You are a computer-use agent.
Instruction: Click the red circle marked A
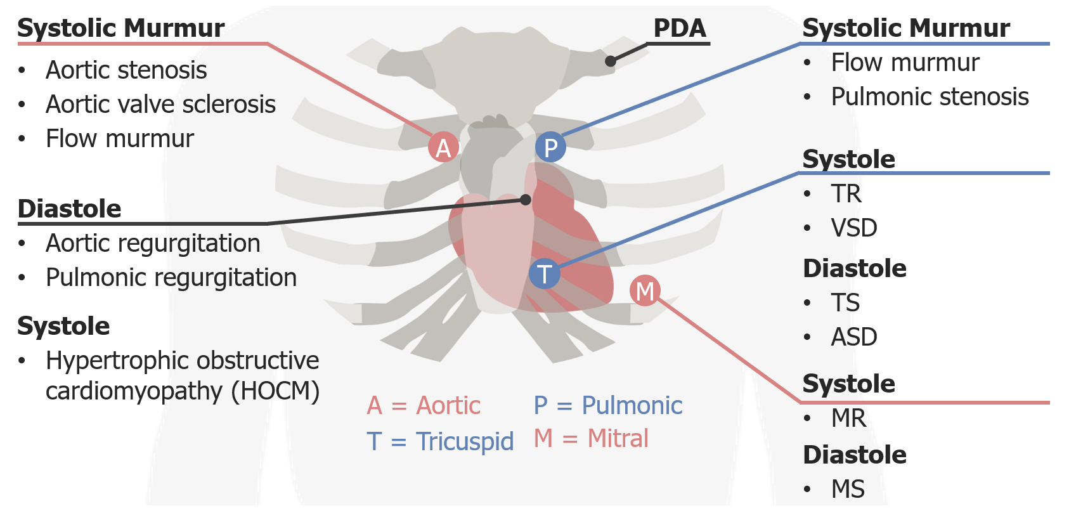click(x=443, y=147)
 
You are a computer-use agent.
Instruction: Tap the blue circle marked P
click(x=550, y=147)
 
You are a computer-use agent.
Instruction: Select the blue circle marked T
click(x=544, y=274)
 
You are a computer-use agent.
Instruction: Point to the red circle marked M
click(x=645, y=290)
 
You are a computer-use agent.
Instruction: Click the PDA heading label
click(x=680, y=28)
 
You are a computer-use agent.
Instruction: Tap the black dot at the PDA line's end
click(x=611, y=61)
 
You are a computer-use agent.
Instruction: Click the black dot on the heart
click(x=526, y=200)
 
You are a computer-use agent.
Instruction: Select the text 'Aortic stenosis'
click(x=126, y=70)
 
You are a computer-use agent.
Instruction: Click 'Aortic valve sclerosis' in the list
click(x=160, y=104)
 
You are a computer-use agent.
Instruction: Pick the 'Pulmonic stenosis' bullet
click(x=930, y=96)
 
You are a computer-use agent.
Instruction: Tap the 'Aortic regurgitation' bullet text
click(x=153, y=243)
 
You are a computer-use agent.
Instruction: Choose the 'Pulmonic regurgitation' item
click(x=171, y=277)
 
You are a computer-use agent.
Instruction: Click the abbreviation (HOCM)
click(x=275, y=391)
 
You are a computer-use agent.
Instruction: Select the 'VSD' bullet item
click(x=854, y=228)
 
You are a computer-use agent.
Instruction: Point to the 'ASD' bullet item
click(x=854, y=337)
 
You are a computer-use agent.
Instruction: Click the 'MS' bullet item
click(x=848, y=489)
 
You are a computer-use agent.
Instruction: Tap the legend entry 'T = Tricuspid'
click(x=440, y=441)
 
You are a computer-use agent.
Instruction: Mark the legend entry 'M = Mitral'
click(x=591, y=438)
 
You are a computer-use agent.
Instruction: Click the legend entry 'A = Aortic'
click(x=424, y=405)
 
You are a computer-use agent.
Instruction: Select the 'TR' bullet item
click(x=846, y=193)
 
